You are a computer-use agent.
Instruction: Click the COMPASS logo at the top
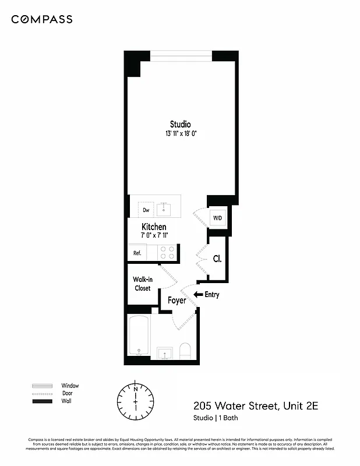pyautogui.click(x=42, y=19)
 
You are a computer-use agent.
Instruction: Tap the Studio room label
pyautogui.click(x=180, y=124)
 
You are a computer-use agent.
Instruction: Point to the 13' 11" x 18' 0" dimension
pyautogui.click(x=180, y=134)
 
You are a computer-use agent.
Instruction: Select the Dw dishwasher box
pyautogui.click(x=146, y=210)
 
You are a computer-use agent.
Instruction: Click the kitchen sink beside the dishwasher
pyautogui.click(x=165, y=209)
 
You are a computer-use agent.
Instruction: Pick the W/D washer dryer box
pyautogui.click(x=217, y=218)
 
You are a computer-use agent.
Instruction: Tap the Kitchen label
pyautogui.click(x=154, y=227)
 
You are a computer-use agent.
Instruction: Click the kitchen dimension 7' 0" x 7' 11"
pyautogui.click(x=154, y=236)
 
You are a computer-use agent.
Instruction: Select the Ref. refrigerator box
pyautogui.click(x=137, y=253)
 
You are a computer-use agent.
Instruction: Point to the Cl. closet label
pyautogui.click(x=217, y=259)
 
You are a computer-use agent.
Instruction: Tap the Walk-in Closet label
pyautogui.click(x=143, y=284)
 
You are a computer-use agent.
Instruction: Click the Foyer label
pyautogui.click(x=177, y=301)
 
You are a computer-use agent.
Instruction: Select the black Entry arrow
pyautogui.click(x=198, y=295)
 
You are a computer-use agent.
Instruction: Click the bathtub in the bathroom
pyautogui.click(x=139, y=336)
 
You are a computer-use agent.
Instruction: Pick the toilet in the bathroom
pyautogui.click(x=186, y=351)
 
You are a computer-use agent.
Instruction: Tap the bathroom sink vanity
pyautogui.click(x=164, y=353)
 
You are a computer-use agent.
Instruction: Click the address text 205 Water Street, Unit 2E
pyautogui.click(x=256, y=405)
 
